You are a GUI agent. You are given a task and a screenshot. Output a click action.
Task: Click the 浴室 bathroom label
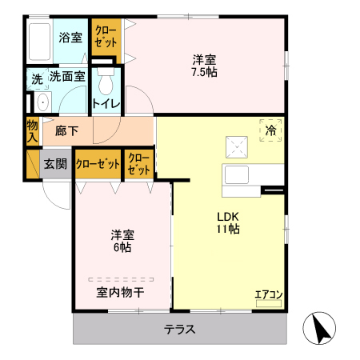(70, 37)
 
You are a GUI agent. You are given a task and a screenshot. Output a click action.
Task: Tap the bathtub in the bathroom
(39, 42)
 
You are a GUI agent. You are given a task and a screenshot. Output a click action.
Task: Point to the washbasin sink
(42, 102)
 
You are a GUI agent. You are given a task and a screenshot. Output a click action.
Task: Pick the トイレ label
(106, 103)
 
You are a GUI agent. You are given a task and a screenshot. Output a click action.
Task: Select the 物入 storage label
(32, 131)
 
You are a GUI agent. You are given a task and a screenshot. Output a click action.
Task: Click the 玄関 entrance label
(55, 164)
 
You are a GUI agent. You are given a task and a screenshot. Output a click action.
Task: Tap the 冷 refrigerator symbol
(271, 130)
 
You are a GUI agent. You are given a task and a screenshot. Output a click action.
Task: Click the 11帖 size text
(226, 229)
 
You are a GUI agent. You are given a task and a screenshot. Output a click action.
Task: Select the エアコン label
(268, 294)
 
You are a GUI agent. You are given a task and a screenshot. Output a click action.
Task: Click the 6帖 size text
(122, 248)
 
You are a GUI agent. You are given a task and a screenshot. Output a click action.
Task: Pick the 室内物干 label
(120, 292)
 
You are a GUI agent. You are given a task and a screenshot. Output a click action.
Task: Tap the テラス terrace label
(180, 329)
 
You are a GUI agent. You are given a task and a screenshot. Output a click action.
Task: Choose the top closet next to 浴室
(105, 38)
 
